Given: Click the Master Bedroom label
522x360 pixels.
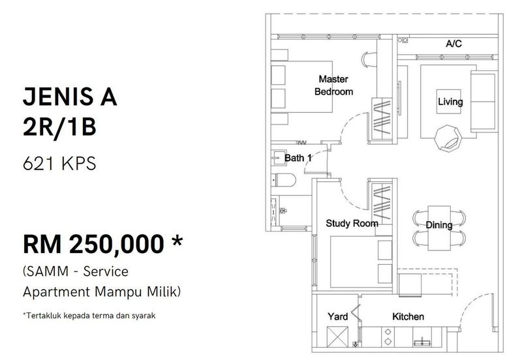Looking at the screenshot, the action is pyautogui.click(x=333, y=85).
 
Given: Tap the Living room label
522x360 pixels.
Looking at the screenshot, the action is pyautogui.click(x=450, y=102).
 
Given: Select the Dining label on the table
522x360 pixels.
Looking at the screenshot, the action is pyautogui.click(x=438, y=225).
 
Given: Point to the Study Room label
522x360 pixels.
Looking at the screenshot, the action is pyautogui.click(x=352, y=223).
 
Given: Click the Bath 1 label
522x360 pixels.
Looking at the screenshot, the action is pyautogui.click(x=298, y=158).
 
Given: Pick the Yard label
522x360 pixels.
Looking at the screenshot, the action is pyautogui.click(x=337, y=316).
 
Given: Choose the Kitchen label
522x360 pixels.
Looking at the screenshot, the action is pyautogui.click(x=408, y=316).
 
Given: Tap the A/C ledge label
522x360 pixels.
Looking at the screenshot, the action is pyautogui.click(x=453, y=44).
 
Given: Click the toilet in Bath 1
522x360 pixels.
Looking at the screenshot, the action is pyautogui.click(x=284, y=181).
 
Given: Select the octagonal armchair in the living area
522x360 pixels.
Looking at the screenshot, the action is pyautogui.click(x=448, y=138).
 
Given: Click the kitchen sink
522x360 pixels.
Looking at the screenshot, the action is pyautogui.click(x=422, y=341).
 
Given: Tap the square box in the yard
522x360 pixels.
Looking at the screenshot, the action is pyautogui.click(x=337, y=337).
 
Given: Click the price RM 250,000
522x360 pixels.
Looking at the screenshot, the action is pyautogui.click(x=93, y=245).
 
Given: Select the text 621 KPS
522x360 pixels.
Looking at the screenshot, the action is pyautogui.click(x=59, y=164).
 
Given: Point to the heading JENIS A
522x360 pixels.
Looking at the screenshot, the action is pyautogui.click(x=70, y=97).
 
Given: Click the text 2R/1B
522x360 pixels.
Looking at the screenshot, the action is pyautogui.click(x=59, y=127).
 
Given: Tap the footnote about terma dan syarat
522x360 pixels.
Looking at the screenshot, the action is pyautogui.click(x=89, y=316).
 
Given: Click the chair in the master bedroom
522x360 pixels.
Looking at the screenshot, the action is pyautogui.click(x=369, y=60).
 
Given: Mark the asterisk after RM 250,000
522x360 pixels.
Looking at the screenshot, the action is pyautogui.click(x=177, y=241).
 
